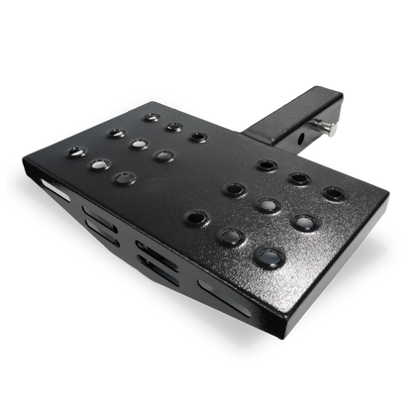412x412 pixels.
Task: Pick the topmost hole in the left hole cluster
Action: (151, 117)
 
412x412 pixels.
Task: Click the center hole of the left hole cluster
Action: (138, 143)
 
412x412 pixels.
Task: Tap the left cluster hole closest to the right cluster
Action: (164, 154)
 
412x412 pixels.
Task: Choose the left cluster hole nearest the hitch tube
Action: (198, 137)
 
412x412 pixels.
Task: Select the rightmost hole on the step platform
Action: (333, 193)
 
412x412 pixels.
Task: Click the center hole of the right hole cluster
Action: (263, 206)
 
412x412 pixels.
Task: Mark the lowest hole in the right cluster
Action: (268, 257)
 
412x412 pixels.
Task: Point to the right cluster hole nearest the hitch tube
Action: (265, 164)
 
